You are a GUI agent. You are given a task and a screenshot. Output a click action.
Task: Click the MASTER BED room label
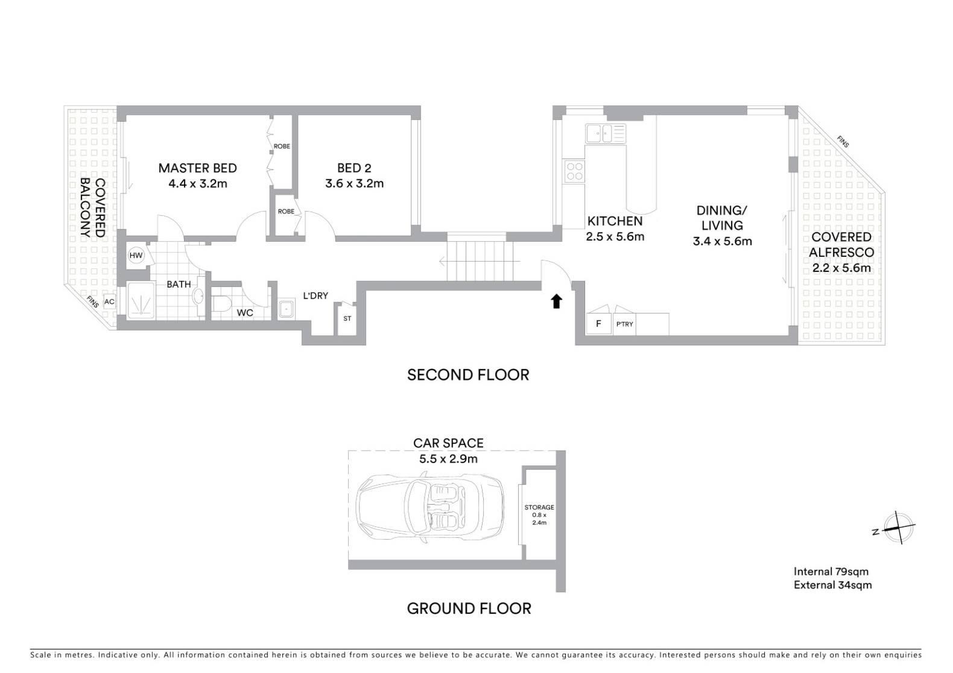click(197, 168)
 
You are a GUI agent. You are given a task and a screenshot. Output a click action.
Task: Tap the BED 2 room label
click(354, 168)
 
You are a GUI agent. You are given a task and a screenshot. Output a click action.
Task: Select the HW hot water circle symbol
click(136, 255)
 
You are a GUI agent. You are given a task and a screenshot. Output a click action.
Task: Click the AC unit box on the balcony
click(109, 302)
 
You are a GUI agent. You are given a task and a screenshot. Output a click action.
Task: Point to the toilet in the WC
click(221, 304)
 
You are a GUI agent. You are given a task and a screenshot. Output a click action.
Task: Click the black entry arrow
click(557, 302)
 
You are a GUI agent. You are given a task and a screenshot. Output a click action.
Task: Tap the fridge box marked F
click(598, 324)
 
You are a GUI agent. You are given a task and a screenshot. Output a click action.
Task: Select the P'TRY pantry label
click(624, 324)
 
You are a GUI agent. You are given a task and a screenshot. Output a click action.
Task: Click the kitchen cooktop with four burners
click(574, 172)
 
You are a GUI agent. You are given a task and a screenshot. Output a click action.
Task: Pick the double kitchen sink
click(606, 134)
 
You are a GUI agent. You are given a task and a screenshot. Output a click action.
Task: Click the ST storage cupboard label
click(347, 318)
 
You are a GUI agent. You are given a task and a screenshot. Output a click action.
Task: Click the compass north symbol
click(898, 528)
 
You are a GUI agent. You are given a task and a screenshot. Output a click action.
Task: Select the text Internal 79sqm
click(831, 572)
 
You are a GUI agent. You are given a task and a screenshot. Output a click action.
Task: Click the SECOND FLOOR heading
click(468, 374)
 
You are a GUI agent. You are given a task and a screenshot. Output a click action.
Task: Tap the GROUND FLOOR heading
click(469, 608)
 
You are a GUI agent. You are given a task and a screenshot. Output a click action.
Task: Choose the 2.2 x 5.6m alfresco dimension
click(841, 268)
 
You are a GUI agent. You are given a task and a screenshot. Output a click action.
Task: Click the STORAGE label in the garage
click(539, 507)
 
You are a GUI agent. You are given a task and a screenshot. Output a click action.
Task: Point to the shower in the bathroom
click(141, 300)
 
